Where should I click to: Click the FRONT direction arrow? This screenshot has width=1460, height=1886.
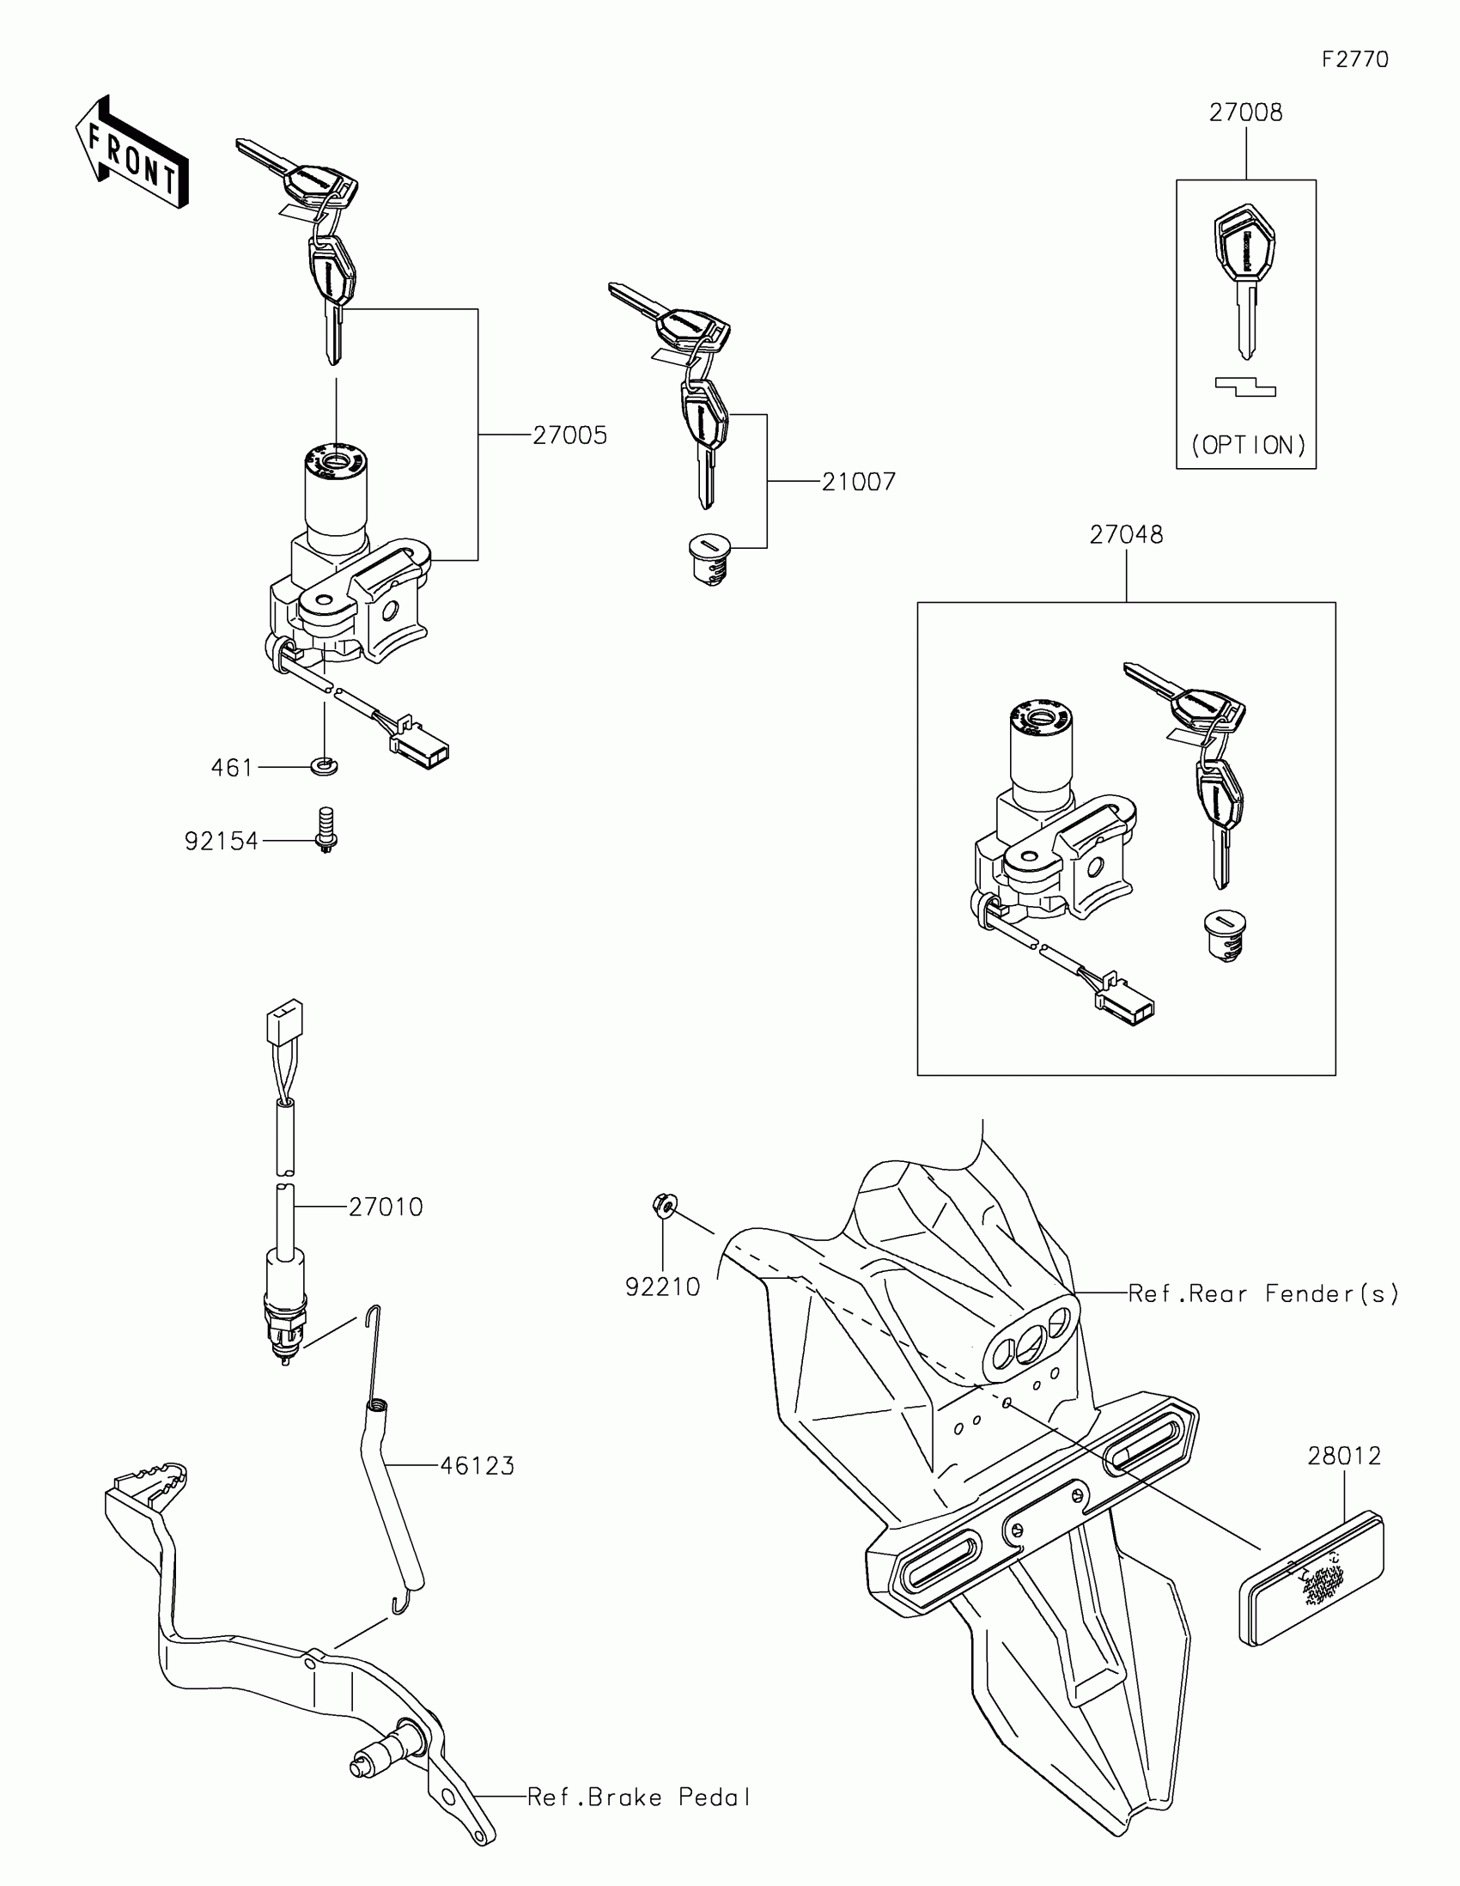click(132, 154)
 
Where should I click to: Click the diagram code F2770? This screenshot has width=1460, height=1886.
click(1354, 59)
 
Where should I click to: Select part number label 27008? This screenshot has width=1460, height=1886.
click(1245, 113)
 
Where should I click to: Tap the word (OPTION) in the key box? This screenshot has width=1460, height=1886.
click(1248, 446)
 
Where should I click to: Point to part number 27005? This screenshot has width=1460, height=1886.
click(569, 435)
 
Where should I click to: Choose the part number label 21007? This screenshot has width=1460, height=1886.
click(858, 482)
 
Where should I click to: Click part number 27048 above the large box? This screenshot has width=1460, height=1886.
click(1126, 535)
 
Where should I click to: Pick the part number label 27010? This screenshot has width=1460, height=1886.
click(386, 1208)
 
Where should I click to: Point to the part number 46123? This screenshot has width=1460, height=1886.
click(477, 1466)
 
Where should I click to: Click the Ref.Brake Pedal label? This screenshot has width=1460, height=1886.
click(639, 1798)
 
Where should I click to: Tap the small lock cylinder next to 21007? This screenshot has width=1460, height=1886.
click(709, 559)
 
